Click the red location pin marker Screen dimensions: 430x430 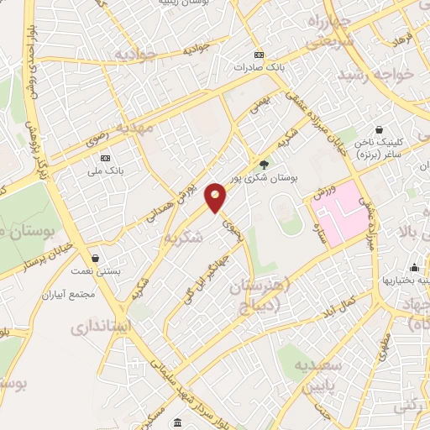[x=215, y=197]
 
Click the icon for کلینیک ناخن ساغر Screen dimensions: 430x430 [x=380, y=130]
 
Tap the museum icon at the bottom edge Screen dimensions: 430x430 [x=179, y=422]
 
